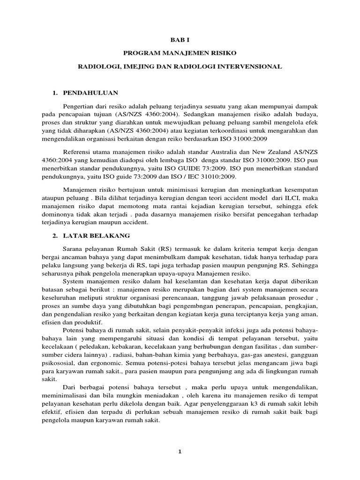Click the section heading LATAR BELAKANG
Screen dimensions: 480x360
point(99,235)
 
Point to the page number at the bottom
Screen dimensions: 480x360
point(180,451)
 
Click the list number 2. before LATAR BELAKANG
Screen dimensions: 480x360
point(54,235)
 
